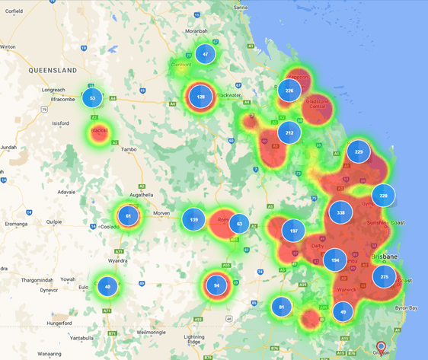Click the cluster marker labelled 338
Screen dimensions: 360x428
[x=340, y=213]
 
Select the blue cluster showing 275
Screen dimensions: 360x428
[x=385, y=277]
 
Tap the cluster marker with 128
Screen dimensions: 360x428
[x=201, y=97]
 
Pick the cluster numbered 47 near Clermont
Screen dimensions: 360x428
[x=205, y=54]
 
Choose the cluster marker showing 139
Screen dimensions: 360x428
[x=194, y=220]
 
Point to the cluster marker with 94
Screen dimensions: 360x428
[x=217, y=286]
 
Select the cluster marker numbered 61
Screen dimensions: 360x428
[x=129, y=217]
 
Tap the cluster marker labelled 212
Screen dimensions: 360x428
[x=289, y=132]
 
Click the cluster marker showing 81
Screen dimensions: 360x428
[x=282, y=307]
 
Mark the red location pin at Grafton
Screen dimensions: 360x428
[x=382, y=347]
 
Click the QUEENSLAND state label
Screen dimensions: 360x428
[x=54, y=70]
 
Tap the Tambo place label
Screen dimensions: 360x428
[x=129, y=149]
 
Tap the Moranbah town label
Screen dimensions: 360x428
[x=196, y=31]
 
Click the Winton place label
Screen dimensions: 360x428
[x=8, y=46]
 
